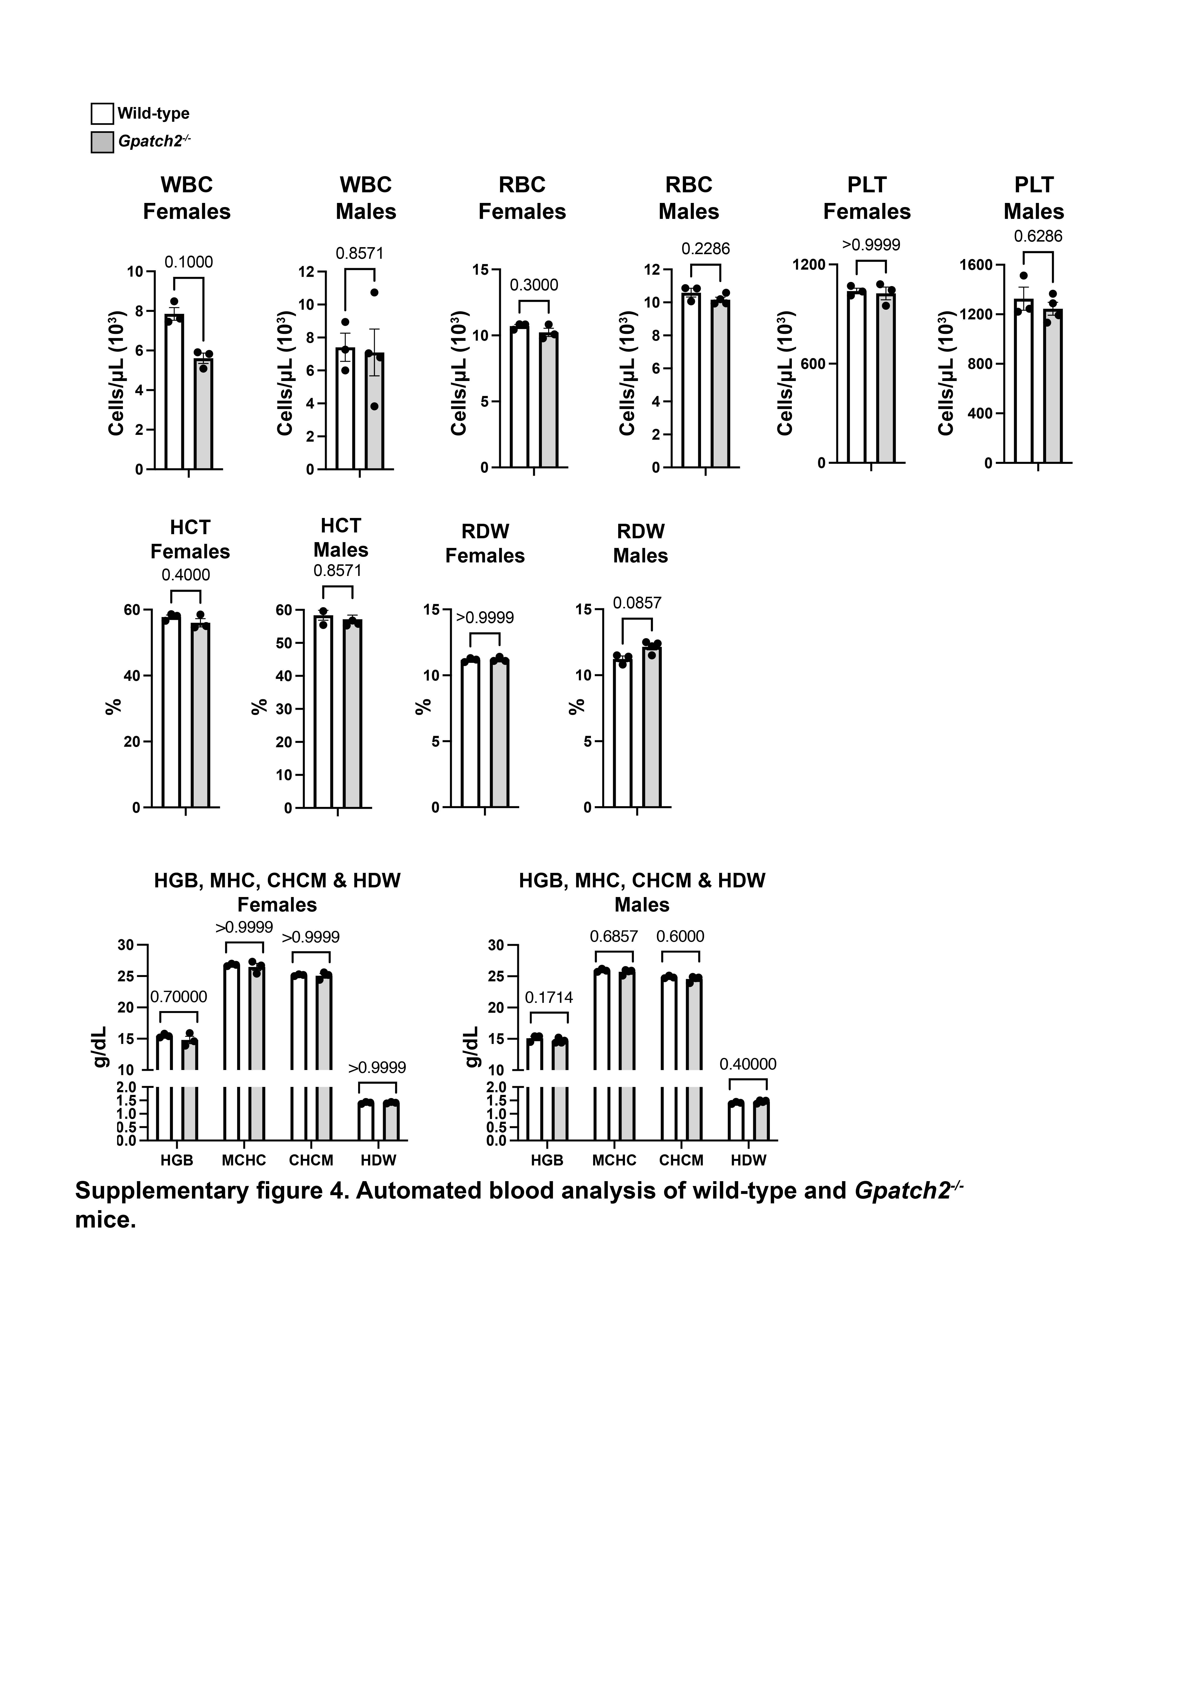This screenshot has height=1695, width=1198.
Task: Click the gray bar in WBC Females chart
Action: point(203,413)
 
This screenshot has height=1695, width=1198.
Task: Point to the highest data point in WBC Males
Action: point(374,292)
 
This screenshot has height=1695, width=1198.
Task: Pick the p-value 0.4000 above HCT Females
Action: point(186,575)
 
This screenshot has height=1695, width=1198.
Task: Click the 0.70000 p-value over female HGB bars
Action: point(179,997)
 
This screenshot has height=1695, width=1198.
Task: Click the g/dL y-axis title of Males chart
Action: point(472,1047)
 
